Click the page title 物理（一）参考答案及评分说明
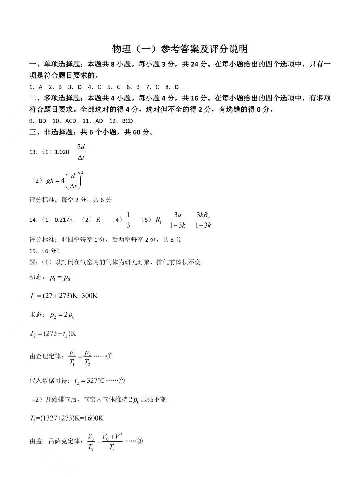point(180,49)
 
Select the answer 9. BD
point(38,121)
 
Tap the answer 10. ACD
point(64,121)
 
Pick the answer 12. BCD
point(122,121)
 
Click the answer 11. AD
point(93,121)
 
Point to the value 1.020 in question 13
point(62,152)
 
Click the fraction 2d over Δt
point(81,152)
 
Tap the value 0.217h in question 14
point(63,220)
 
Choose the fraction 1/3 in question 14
point(128,220)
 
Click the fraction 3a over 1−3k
point(177,220)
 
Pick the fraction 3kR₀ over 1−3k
point(203,220)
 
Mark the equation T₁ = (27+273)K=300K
point(64,296)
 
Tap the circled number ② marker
point(122,380)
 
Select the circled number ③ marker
point(140,441)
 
